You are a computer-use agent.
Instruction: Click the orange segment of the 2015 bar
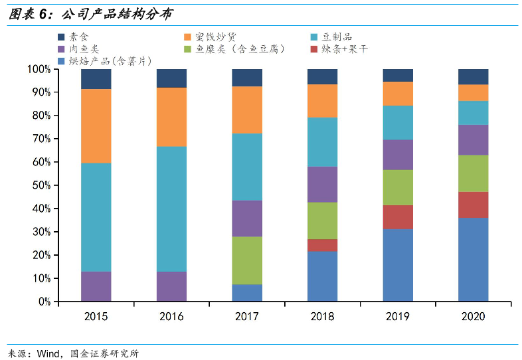96,126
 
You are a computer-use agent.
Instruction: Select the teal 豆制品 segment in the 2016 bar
171,209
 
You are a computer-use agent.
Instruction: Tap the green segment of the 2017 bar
247,260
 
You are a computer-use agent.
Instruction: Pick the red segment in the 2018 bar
322,245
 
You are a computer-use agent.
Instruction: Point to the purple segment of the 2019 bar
398,155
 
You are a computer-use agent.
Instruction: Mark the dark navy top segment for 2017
247,78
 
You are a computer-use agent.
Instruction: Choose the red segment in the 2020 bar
473,205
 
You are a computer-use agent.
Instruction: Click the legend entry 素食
78,37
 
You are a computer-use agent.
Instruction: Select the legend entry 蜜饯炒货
212,37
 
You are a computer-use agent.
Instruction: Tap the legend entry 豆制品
337,37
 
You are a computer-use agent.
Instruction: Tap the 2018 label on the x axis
322,316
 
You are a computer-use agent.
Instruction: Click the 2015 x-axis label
96,316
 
